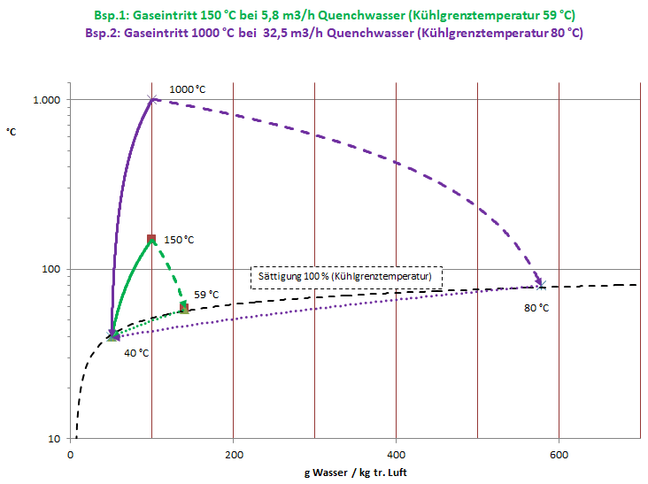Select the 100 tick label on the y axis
click(x=51, y=269)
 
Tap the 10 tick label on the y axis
click(x=54, y=439)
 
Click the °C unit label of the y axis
click(x=12, y=132)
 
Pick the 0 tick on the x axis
click(x=70, y=456)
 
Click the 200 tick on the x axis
click(x=233, y=456)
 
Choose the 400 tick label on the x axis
click(x=396, y=456)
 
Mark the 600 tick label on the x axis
click(x=559, y=456)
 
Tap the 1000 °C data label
click(x=187, y=88)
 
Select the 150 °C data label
click(x=179, y=240)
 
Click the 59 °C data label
click(x=206, y=295)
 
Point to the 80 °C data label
click(x=536, y=308)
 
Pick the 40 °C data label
click(x=135, y=353)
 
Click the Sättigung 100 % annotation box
click(x=346, y=277)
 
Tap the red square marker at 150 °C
click(x=151, y=239)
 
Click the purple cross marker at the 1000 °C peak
click(x=152, y=99)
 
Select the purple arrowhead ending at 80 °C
click(x=537, y=282)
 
